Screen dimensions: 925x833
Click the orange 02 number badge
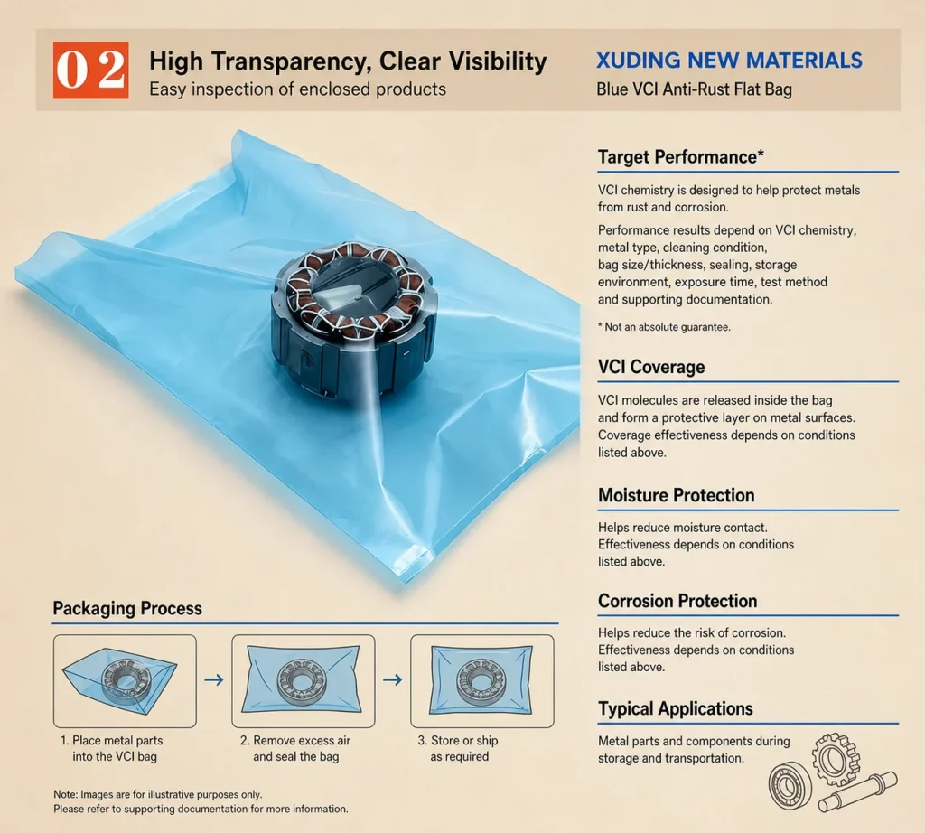click(91, 70)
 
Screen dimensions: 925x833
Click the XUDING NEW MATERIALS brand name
click(729, 61)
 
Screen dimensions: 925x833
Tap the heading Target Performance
click(681, 157)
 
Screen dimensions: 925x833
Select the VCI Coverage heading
click(651, 367)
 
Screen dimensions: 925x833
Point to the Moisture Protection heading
click(676, 495)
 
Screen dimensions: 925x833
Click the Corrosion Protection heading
click(677, 601)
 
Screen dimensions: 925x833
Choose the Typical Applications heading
click(676, 708)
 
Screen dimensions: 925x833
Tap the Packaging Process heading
click(127, 608)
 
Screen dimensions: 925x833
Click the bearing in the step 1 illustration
click(126, 681)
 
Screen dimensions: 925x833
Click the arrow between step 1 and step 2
click(214, 680)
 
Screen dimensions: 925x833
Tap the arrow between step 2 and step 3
click(392, 680)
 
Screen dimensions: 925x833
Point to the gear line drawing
click(836, 759)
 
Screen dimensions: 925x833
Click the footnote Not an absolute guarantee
click(664, 327)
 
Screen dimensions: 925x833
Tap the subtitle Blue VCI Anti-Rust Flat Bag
click(694, 89)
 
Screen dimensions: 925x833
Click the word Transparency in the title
click(292, 61)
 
